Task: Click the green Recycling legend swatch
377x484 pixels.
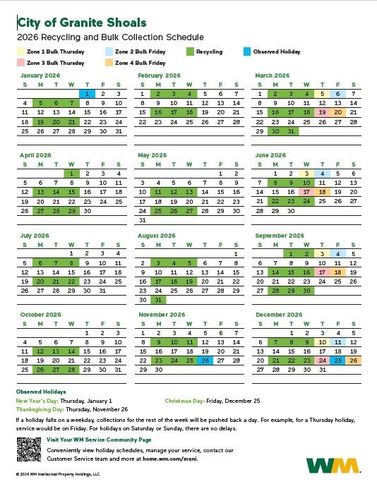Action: click(x=190, y=52)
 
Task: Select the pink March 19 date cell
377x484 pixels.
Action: click(x=322, y=111)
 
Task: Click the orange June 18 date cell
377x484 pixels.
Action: click(x=322, y=191)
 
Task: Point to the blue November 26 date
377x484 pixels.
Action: click(x=205, y=361)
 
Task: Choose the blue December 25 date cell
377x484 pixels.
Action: click(x=337, y=361)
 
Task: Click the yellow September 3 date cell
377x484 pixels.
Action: click(x=322, y=253)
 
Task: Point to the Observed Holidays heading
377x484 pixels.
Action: click(x=41, y=392)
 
